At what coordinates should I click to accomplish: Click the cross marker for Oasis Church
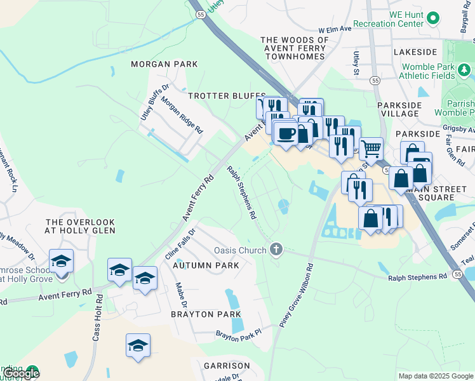276,250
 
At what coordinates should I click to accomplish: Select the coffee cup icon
286,134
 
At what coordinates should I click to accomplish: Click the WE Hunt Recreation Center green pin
434,17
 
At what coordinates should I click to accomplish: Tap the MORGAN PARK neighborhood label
164,64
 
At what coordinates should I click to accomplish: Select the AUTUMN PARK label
205,265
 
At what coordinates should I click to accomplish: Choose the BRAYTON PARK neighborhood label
205,314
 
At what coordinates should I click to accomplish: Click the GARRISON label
227,366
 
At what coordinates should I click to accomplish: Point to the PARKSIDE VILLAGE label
399,109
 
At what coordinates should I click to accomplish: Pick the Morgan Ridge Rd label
182,115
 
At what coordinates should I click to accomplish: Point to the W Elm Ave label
335,29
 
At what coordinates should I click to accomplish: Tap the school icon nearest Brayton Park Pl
138,346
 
